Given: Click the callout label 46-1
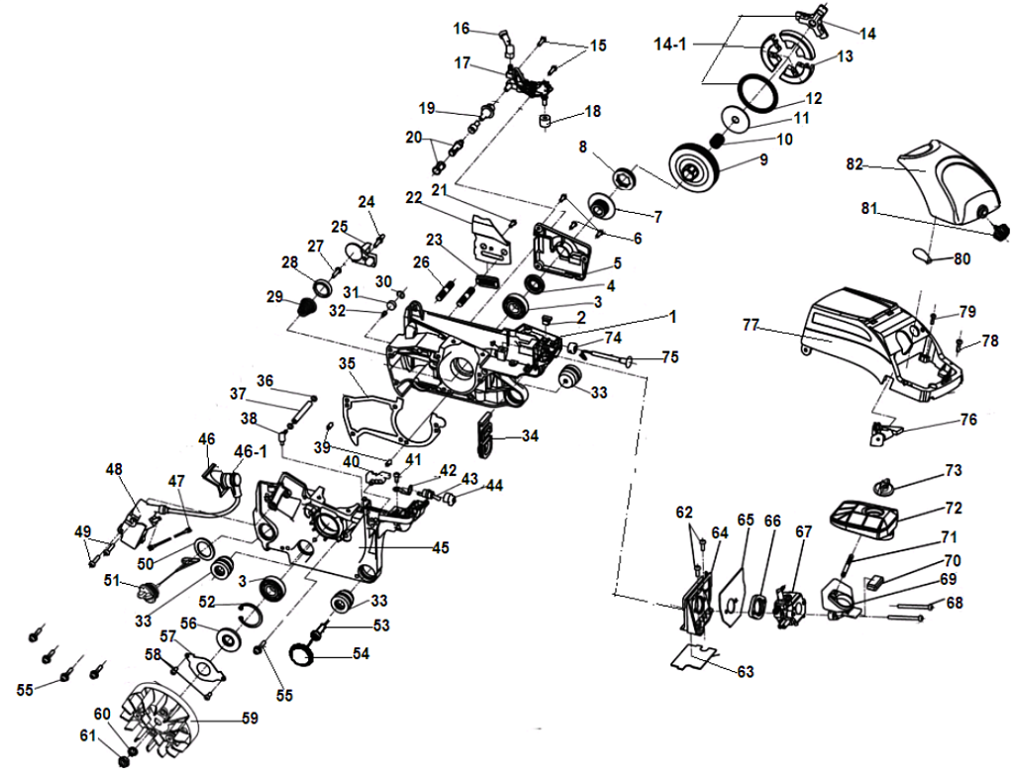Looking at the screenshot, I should click(x=251, y=451).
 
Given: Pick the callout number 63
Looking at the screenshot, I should click(x=745, y=672).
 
